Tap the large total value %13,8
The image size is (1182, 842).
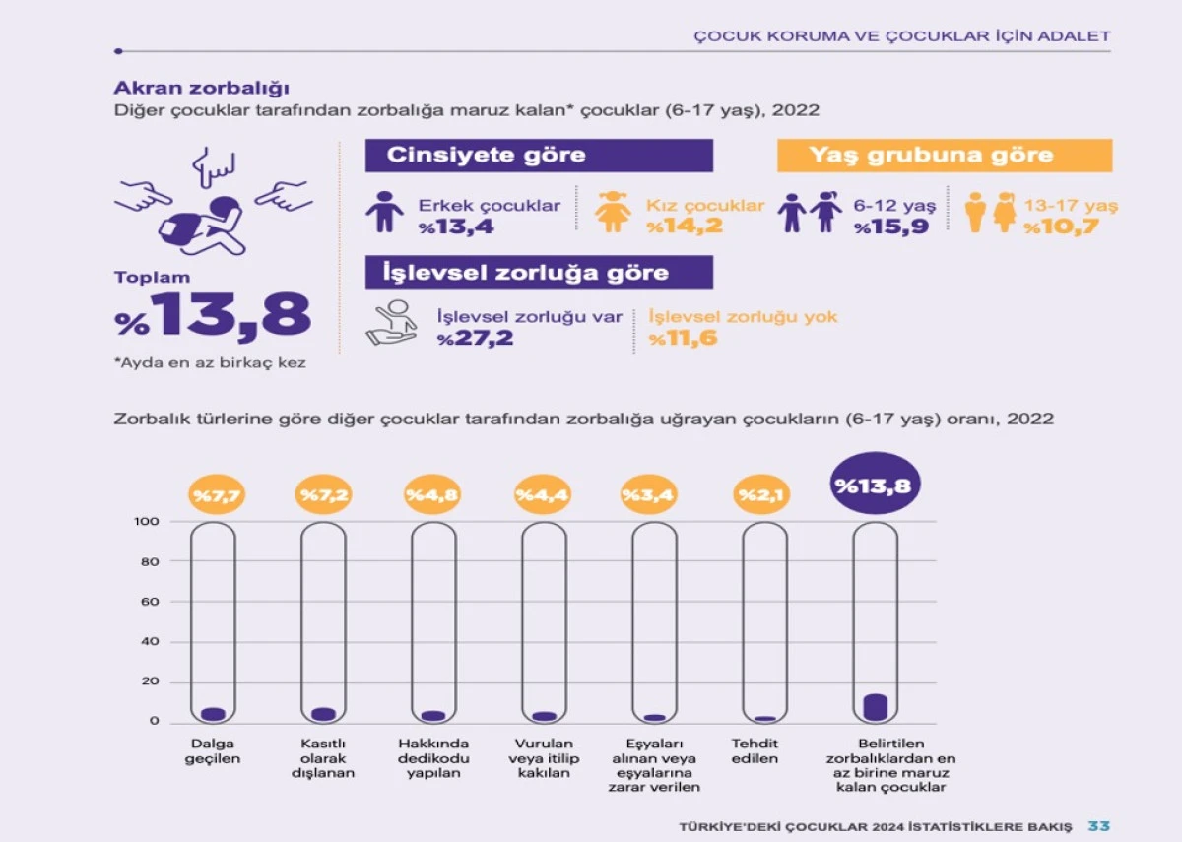point(213,315)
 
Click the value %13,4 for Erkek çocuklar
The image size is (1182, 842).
point(456,227)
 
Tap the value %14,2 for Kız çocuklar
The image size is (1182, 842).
point(685,227)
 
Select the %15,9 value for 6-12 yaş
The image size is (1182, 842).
point(891,227)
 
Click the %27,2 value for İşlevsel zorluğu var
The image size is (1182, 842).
point(477,339)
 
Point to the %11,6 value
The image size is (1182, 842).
point(683,339)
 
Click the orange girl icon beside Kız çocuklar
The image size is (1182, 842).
point(613,211)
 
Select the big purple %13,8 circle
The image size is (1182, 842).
point(876,485)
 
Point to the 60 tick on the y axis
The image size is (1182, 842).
point(147,602)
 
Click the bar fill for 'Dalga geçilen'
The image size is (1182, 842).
point(213,713)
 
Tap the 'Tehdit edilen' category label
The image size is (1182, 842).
point(755,751)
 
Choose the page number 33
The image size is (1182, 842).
point(1099,826)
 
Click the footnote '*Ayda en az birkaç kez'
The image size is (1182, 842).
point(210,363)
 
